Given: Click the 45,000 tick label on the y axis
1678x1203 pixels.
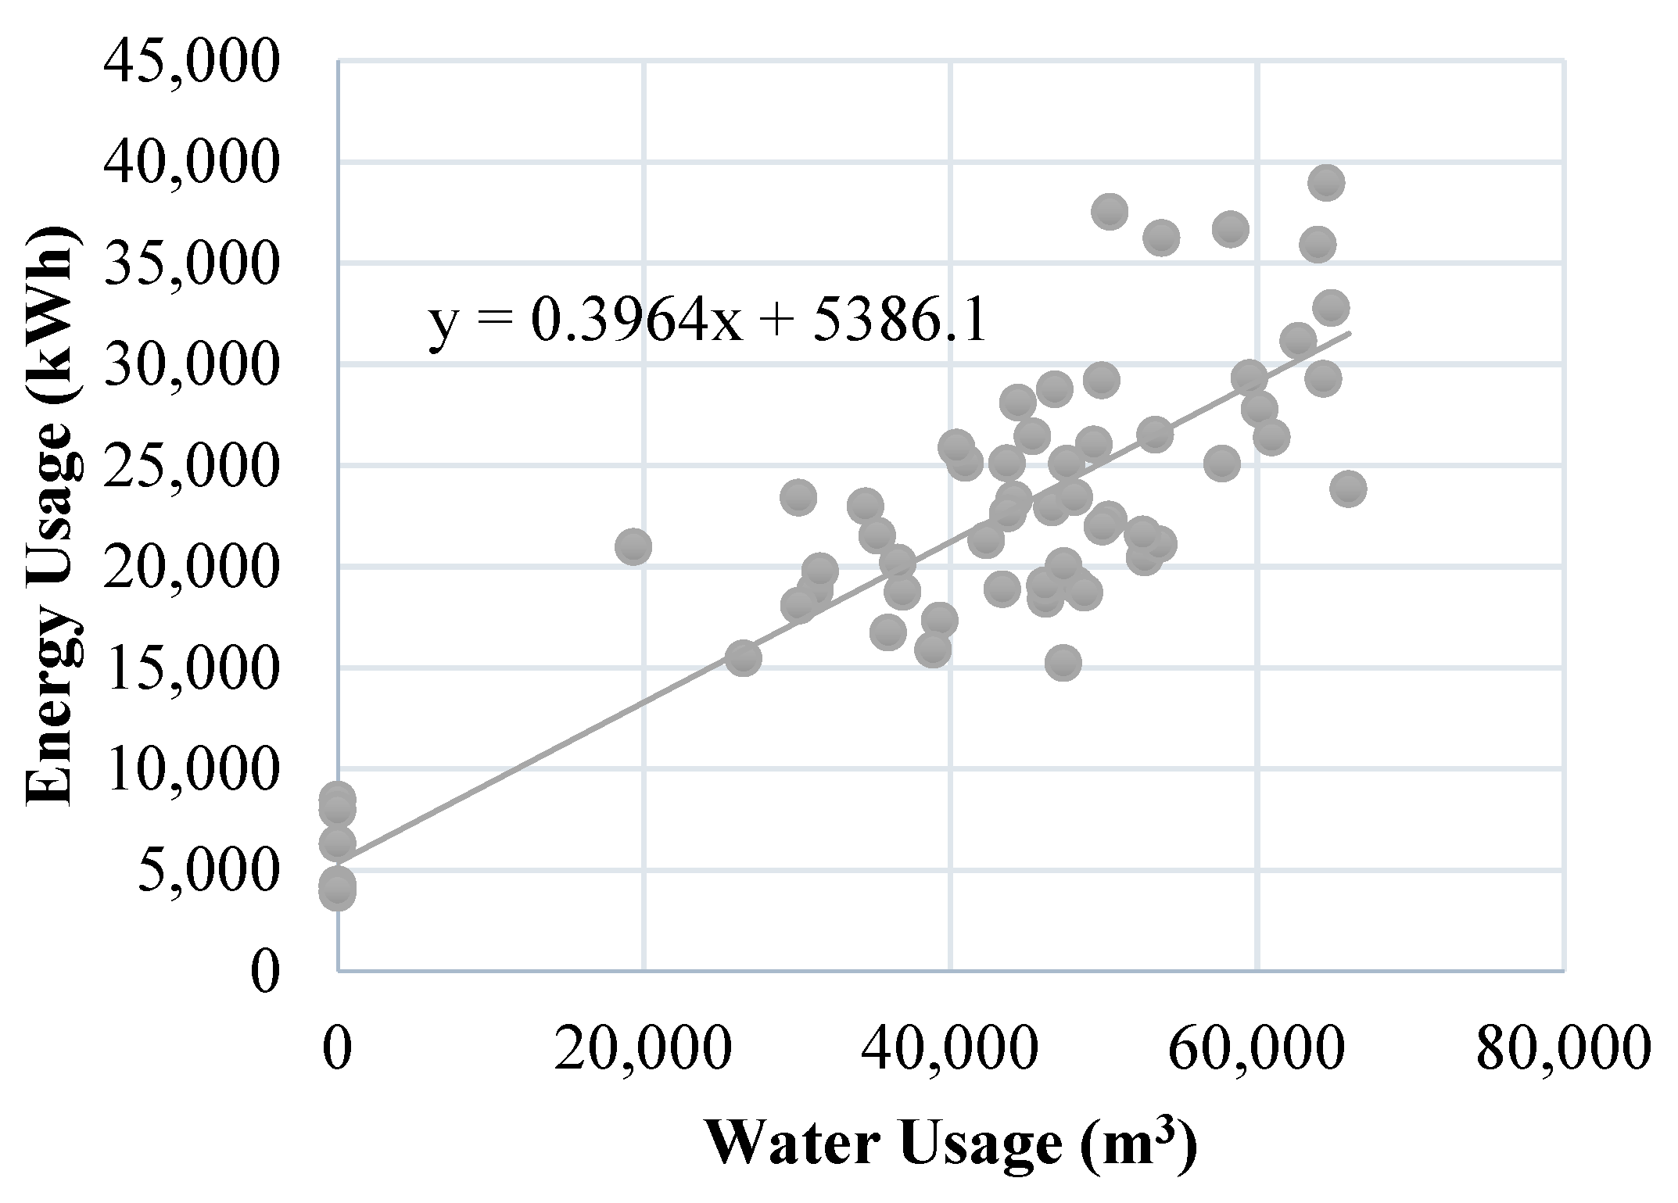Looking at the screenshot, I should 190,63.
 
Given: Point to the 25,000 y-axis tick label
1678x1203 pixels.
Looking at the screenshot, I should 190,467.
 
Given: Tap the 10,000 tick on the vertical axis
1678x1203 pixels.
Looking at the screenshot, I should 190,770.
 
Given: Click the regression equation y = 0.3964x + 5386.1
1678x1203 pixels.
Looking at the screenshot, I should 708,322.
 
